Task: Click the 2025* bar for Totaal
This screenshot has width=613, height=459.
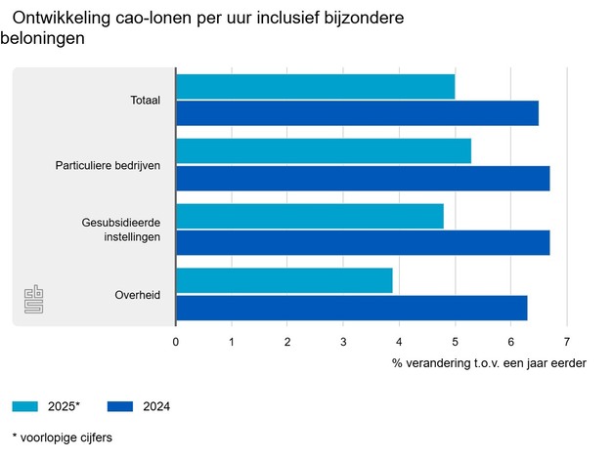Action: tap(315, 87)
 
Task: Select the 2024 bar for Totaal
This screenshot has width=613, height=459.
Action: tap(357, 113)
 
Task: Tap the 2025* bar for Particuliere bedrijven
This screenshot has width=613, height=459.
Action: tap(324, 151)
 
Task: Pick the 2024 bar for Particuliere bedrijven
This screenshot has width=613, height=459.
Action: tap(363, 178)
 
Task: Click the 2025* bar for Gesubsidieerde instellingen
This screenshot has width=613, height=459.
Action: tap(309, 216)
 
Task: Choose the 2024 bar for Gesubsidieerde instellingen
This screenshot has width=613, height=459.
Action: tap(363, 242)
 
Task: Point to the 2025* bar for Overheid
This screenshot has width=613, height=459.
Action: tap(284, 281)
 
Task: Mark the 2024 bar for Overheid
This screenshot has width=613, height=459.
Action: tap(351, 308)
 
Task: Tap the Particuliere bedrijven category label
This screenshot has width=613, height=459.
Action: tap(108, 165)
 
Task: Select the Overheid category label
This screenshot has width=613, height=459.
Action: tap(138, 295)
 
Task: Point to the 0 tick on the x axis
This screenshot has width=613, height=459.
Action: tap(176, 343)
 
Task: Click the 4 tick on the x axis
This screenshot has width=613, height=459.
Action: tap(399, 343)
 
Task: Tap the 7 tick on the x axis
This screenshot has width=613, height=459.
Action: tap(566, 343)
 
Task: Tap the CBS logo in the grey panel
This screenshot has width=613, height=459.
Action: tap(35, 300)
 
